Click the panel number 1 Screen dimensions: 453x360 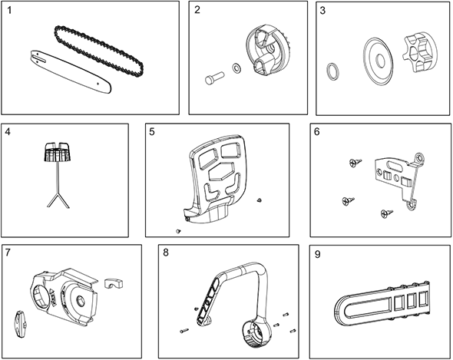[9, 11]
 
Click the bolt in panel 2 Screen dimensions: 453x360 [214, 78]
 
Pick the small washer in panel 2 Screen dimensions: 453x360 [237, 68]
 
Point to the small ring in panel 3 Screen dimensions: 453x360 [334, 71]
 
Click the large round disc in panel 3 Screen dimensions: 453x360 [379, 61]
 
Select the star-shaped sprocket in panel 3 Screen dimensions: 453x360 [418, 53]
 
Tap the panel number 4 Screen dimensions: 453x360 [8, 132]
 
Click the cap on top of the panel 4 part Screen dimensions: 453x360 [58, 152]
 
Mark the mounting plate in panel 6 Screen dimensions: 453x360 [400, 179]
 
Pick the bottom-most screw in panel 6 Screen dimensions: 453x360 [387, 213]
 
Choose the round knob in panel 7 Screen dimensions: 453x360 [21, 324]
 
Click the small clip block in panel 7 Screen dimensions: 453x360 [114, 283]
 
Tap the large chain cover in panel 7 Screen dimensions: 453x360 [65, 298]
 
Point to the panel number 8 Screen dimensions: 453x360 [166, 253]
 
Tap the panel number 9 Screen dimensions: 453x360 [318, 254]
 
